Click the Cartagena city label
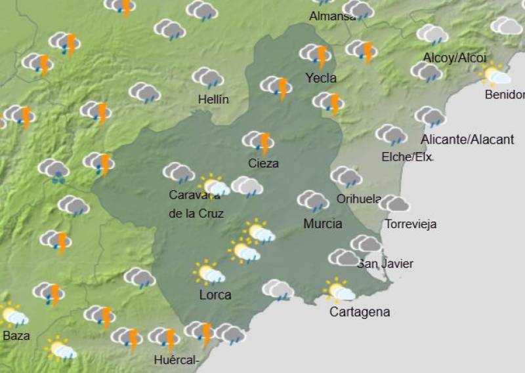[x=360, y=312]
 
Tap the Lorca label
[x=215, y=295]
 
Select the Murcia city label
[x=322, y=224]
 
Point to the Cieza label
[x=263, y=163]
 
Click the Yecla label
[x=321, y=78]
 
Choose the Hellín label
[x=213, y=100]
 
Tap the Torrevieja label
[x=411, y=224]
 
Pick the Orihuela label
[x=358, y=199]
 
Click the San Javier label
[x=385, y=264]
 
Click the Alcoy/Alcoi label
[x=455, y=58]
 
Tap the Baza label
[x=16, y=336]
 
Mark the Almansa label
[x=333, y=16]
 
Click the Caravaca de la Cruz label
[x=196, y=204]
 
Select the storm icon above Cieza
[x=259, y=142]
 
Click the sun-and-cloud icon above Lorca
[x=209, y=272]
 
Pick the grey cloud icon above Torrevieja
[x=394, y=204]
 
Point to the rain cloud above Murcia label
[x=313, y=201]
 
